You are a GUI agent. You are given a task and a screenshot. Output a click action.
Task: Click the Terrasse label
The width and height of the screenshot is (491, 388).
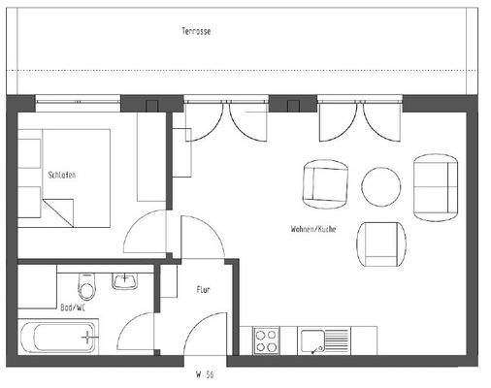tap(196, 31)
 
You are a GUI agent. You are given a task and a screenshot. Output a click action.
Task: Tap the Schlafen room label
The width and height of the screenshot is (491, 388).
tap(61, 175)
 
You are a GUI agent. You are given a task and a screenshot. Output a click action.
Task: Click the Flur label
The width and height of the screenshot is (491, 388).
tap(203, 289)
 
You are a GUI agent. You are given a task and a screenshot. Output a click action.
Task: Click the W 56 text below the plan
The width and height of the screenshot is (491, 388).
tap(203, 372)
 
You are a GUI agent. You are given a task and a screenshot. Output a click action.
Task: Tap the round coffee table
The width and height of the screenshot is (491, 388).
tap(380, 186)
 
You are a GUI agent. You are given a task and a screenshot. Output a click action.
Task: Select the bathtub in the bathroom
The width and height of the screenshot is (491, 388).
tap(58, 339)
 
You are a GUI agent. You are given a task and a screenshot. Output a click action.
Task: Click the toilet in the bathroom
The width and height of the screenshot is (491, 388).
tap(86, 288)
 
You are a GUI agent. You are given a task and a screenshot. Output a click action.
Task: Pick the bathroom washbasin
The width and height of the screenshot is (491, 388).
tap(125, 281)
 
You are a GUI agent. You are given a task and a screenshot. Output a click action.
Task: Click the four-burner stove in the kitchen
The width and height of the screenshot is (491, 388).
tap(266, 340)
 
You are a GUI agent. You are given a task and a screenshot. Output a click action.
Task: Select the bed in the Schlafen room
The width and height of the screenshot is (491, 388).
tap(64, 178)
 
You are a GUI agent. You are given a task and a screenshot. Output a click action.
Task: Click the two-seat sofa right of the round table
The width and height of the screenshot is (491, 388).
tap(435, 185)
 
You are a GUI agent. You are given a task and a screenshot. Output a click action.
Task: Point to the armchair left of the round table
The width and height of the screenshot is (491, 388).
tap(325, 184)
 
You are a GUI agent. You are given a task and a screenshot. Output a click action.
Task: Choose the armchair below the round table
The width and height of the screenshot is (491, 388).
tap(379, 244)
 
